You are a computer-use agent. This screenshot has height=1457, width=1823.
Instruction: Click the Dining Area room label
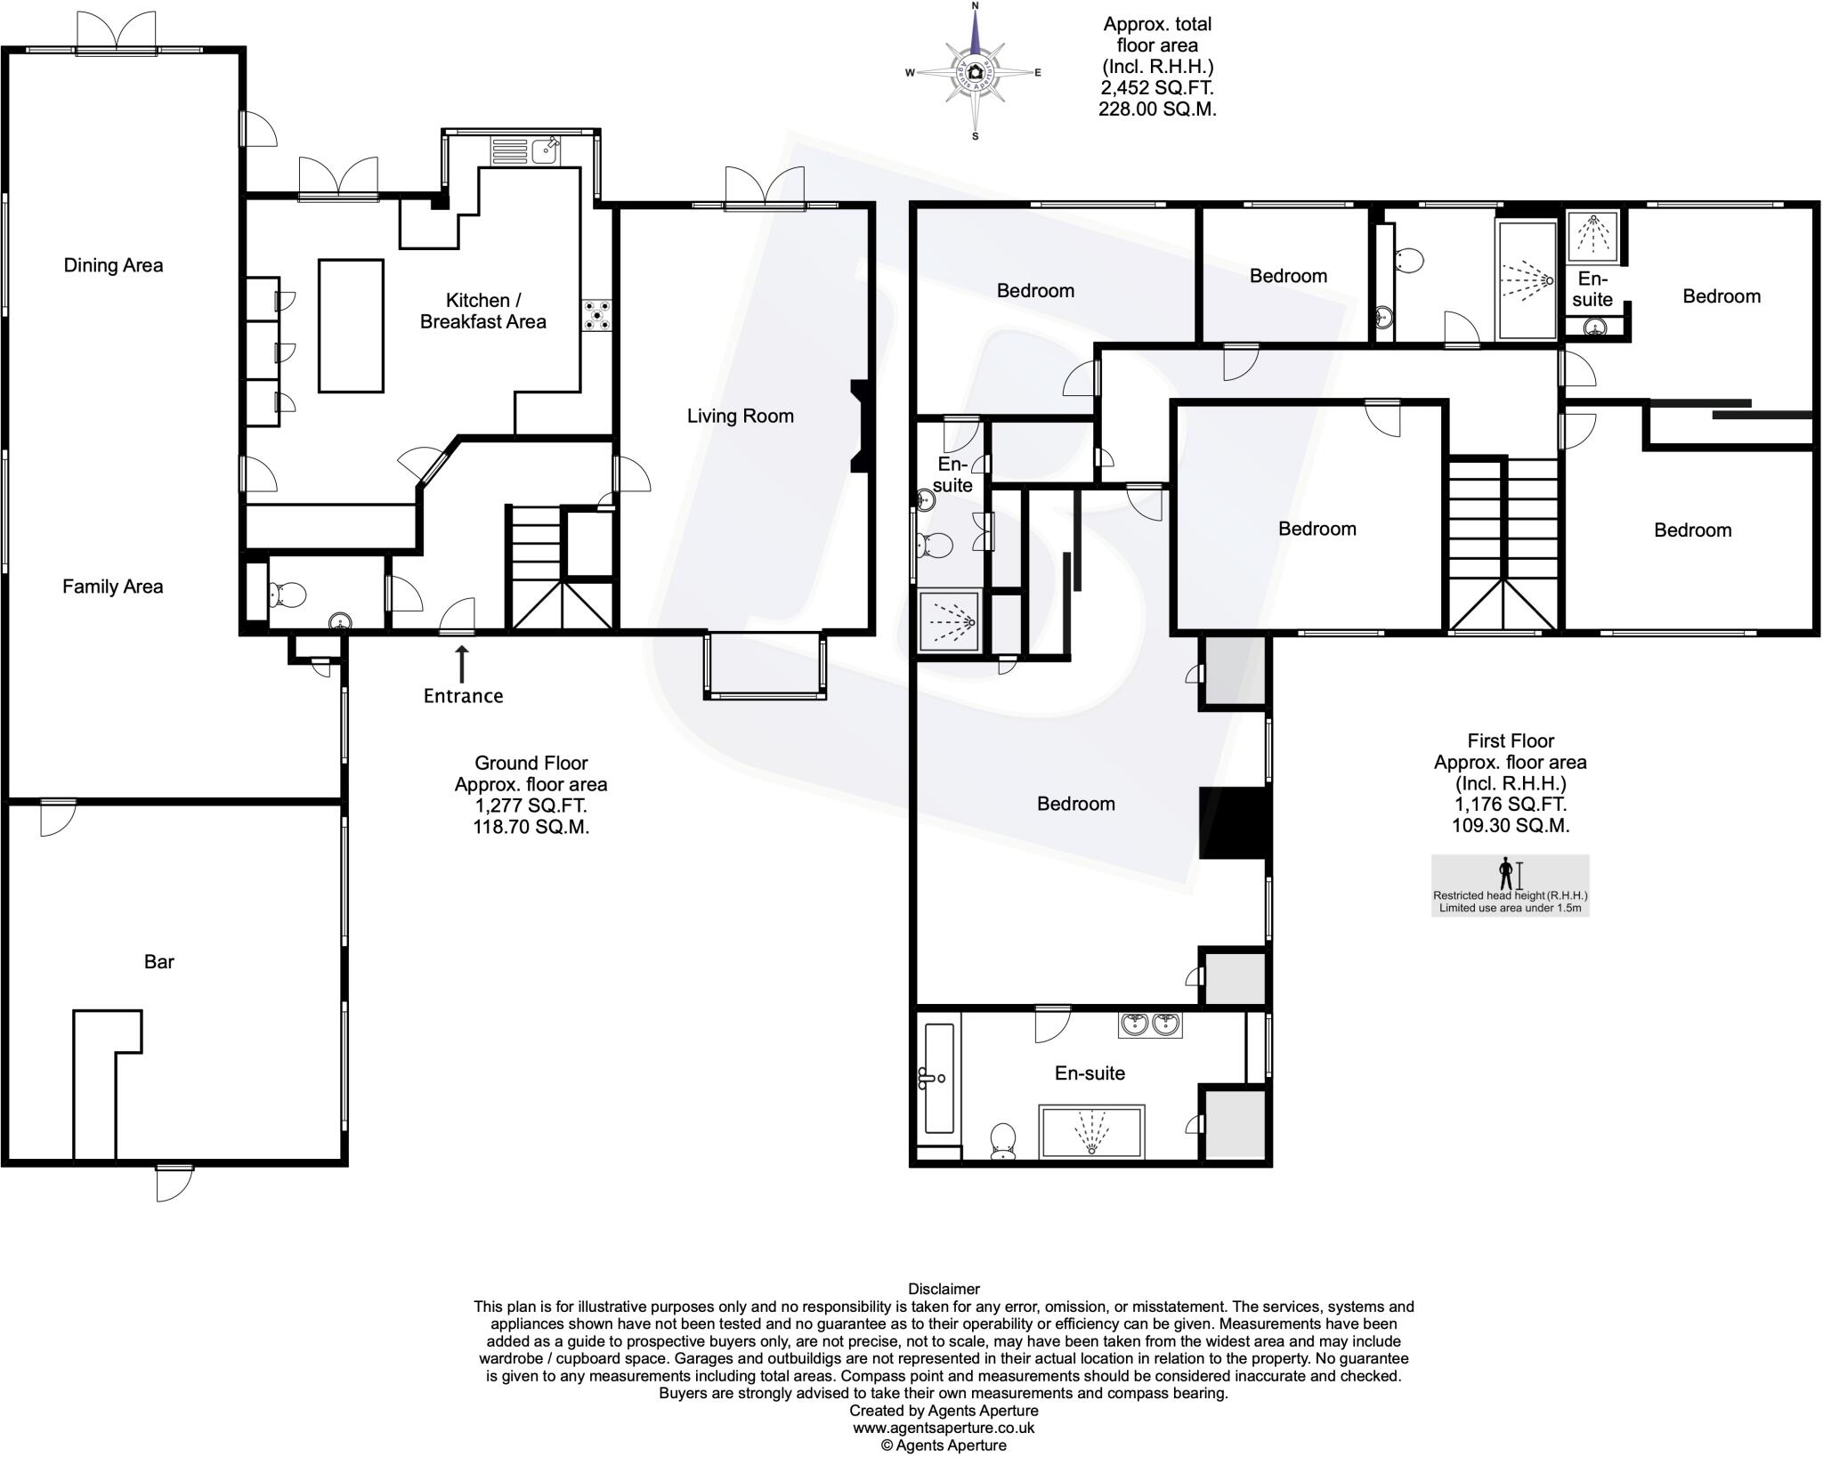click(x=113, y=265)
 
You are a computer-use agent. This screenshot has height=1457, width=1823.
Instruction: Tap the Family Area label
click(x=113, y=587)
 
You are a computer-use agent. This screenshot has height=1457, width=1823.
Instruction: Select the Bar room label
click(x=159, y=961)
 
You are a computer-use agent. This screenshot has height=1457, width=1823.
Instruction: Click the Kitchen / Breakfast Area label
click(x=482, y=311)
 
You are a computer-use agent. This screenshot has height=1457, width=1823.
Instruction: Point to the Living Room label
click(x=740, y=416)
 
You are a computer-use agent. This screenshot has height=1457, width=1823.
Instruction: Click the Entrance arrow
click(x=461, y=664)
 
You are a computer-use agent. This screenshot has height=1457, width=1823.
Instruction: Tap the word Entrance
click(x=463, y=696)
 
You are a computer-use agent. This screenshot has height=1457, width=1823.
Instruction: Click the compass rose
click(x=975, y=72)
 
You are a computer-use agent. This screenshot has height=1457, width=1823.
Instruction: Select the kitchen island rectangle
click(x=351, y=326)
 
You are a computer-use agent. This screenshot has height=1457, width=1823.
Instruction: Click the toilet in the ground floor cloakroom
click(x=287, y=594)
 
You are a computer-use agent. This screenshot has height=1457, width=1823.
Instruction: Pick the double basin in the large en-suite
click(x=1150, y=1024)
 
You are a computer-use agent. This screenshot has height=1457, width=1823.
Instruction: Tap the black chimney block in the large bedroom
click(x=1233, y=822)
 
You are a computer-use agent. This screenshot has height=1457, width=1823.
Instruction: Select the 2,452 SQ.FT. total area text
click(x=1157, y=88)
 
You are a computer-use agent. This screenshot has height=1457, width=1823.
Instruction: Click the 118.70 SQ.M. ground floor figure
click(x=531, y=827)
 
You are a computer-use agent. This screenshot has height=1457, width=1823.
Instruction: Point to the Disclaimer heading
click(x=944, y=1289)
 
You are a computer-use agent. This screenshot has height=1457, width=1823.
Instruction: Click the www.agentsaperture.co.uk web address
click(x=944, y=1428)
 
